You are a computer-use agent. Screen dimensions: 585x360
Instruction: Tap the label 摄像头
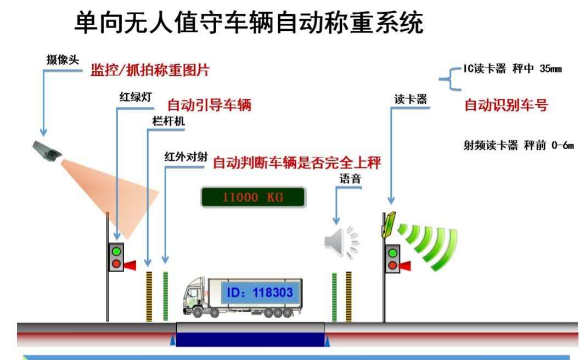[x=63, y=60]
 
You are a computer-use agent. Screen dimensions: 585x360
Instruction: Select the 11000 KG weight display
[x=254, y=197]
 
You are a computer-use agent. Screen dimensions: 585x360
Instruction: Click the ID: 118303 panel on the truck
[x=261, y=292]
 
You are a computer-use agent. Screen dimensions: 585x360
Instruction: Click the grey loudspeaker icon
[x=341, y=242]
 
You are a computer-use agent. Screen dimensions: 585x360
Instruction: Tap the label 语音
[x=350, y=179]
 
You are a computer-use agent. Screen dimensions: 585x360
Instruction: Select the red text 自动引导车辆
[x=209, y=105]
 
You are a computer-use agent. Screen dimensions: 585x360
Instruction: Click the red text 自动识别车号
[x=506, y=105]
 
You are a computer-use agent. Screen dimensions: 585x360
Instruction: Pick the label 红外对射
[x=186, y=157]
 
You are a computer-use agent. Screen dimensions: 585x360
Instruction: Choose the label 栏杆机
[x=168, y=121]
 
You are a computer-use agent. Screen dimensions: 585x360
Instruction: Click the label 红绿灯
[x=136, y=97]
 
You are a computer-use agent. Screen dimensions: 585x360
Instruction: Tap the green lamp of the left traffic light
[x=116, y=251]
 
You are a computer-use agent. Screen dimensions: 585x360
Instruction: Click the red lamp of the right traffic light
[x=392, y=265]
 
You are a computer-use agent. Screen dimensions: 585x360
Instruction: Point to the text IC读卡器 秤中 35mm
[x=513, y=69]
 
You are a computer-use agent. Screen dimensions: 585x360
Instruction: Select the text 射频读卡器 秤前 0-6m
[x=519, y=145]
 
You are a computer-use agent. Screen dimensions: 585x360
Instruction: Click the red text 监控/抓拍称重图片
[x=150, y=70]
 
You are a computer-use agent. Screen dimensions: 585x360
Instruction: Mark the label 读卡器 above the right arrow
[x=411, y=99]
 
